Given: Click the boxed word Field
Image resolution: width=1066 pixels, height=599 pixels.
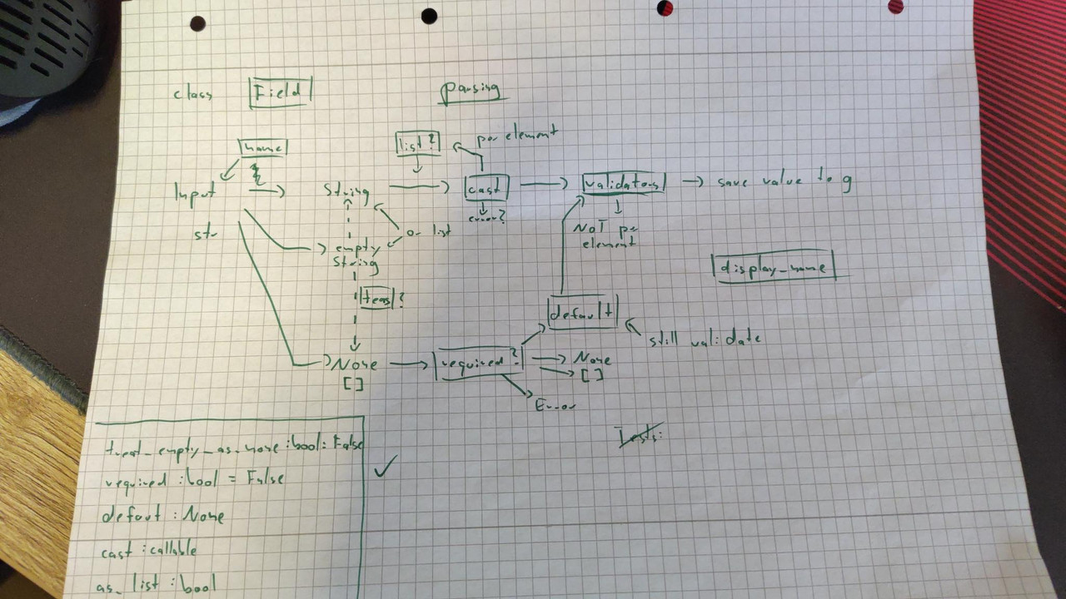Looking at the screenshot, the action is pyautogui.click(x=280, y=93).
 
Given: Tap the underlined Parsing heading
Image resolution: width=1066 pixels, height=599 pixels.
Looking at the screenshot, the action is pyautogui.click(x=471, y=91).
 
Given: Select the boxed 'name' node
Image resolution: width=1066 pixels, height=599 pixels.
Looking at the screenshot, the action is pyautogui.click(x=262, y=148).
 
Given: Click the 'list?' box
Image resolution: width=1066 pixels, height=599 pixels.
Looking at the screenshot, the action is pyautogui.click(x=417, y=144).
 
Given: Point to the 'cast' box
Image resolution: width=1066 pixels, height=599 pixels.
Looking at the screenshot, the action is pyautogui.click(x=486, y=188).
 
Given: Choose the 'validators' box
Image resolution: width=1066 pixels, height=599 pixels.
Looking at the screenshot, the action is pyautogui.click(x=624, y=183).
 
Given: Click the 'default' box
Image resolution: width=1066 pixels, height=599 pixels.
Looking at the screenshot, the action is pyautogui.click(x=582, y=311).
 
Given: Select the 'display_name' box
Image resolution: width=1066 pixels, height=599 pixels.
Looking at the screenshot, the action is pyautogui.click(x=775, y=268).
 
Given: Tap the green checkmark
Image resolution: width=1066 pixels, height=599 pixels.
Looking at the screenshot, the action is pyautogui.click(x=385, y=468).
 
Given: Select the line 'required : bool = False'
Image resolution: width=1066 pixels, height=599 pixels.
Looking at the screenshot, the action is pyautogui.click(x=194, y=479).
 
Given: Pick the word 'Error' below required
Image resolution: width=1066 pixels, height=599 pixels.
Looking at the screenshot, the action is pyautogui.click(x=555, y=404).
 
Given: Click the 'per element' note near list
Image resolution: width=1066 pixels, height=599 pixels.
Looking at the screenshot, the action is pyautogui.click(x=516, y=133).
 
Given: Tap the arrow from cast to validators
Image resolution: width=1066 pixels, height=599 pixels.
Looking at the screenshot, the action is pyautogui.click(x=540, y=183).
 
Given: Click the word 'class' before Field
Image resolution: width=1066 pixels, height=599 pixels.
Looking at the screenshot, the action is pyautogui.click(x=192, y=95).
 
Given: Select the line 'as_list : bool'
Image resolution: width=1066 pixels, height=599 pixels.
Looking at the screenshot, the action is pyautogui.click(x=156, y=585).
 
